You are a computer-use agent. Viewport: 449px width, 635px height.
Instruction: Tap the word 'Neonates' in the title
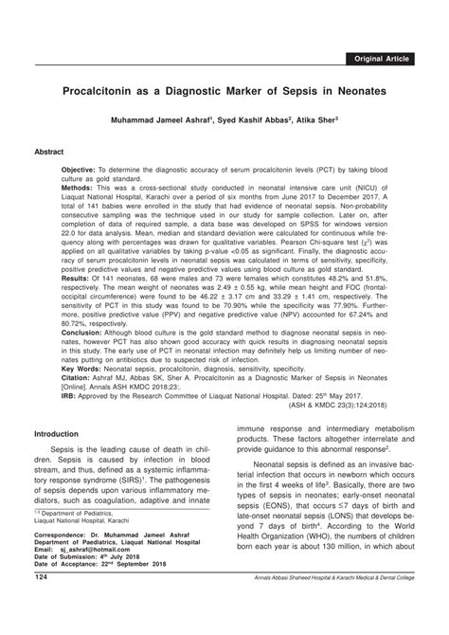tap(353, 96)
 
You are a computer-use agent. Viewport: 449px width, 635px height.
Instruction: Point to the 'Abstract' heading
tap(49, 151)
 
